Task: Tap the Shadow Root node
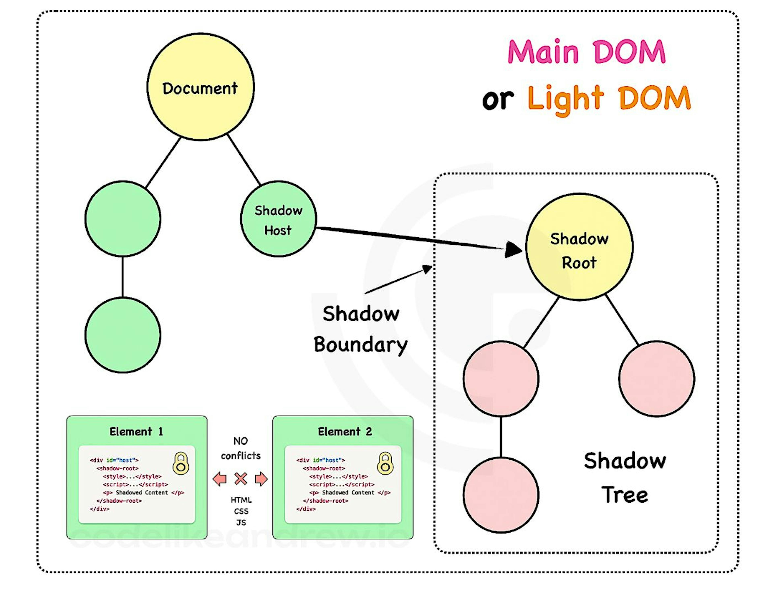pos(579,247)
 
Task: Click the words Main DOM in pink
pos(586,52)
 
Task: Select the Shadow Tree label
pos(624,478)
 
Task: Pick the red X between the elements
pos(241,479)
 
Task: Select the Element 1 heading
pos(136,431)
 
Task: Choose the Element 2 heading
pos(345,431)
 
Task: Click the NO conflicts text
pos(241,448)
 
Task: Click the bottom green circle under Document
pos(123,335)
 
